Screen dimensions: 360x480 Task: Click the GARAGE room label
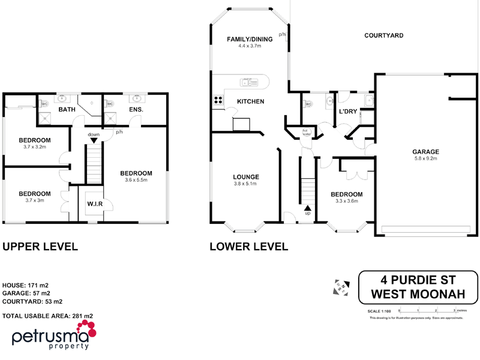(x=425, y=152)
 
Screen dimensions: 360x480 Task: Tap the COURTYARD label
(x=383, y=35)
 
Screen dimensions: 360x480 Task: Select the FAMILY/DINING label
(x=250, y=39)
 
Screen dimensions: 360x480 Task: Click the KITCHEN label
(x=250, y=101)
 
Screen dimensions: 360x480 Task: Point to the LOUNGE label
(x=246, y=177)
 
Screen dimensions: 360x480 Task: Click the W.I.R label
(x=95, y=204)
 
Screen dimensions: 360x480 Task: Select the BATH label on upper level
(x=66, y=110)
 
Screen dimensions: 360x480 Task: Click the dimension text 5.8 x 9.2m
(x=425, y=159)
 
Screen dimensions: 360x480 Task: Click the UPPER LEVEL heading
(x=40, y=246)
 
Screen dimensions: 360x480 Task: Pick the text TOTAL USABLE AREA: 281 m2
(x=48, y=316)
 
